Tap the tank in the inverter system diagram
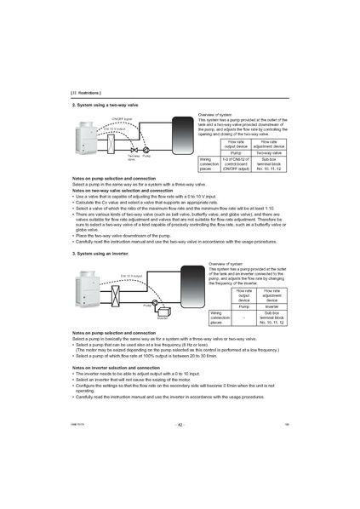point(183,287)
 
